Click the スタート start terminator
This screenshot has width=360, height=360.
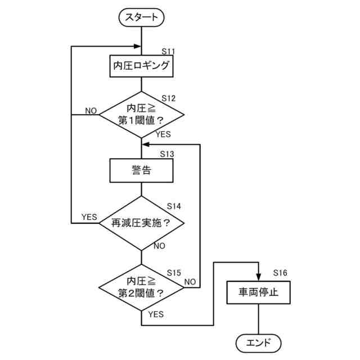click(142, 18)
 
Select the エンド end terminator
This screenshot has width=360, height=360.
click(258, 341)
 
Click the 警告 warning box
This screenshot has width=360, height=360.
click(142, 170)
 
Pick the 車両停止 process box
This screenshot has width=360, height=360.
click(258, 292)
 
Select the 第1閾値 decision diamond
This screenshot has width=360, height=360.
click(142, 114)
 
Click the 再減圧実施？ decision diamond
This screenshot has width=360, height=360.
click(142, 223)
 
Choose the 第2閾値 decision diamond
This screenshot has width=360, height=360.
click(142, 287)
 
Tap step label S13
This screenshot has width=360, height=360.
click(167, 154)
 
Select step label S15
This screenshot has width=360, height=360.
click(174, 273)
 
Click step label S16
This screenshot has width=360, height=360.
click(280, 273)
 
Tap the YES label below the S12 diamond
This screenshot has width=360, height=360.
click(163, 134)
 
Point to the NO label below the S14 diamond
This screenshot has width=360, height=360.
click(159, 246)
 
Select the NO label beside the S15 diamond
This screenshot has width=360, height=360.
click(190, 281)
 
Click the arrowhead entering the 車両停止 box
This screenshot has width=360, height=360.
click(258, 277)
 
